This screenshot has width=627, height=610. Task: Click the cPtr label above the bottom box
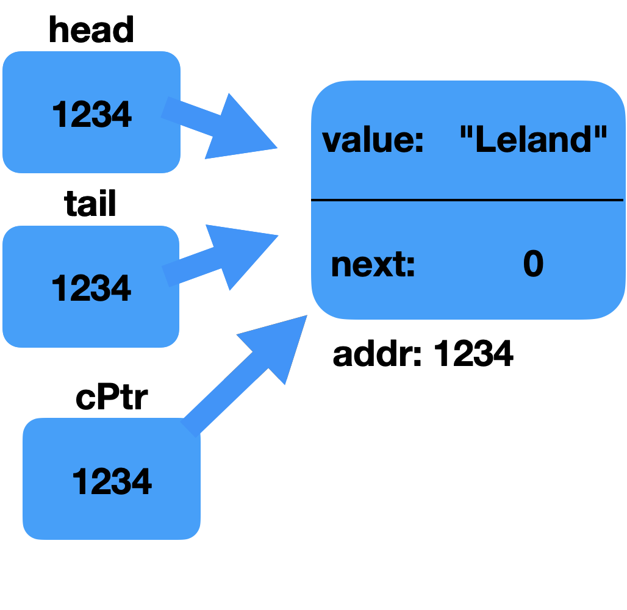click(112, 398)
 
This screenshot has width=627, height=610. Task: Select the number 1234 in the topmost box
click(91, 115)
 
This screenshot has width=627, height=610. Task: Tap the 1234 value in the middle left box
click(91, 288)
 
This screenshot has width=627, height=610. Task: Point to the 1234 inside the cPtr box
click(112, 481)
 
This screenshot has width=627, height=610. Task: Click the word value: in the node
click(373, 141)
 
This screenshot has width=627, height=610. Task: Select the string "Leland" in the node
click(533, 140)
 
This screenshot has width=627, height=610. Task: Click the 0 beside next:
click(533, 265)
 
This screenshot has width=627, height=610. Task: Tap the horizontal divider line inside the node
click(467, 199)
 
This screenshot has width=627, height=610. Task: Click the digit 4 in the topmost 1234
click(121, 115)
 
